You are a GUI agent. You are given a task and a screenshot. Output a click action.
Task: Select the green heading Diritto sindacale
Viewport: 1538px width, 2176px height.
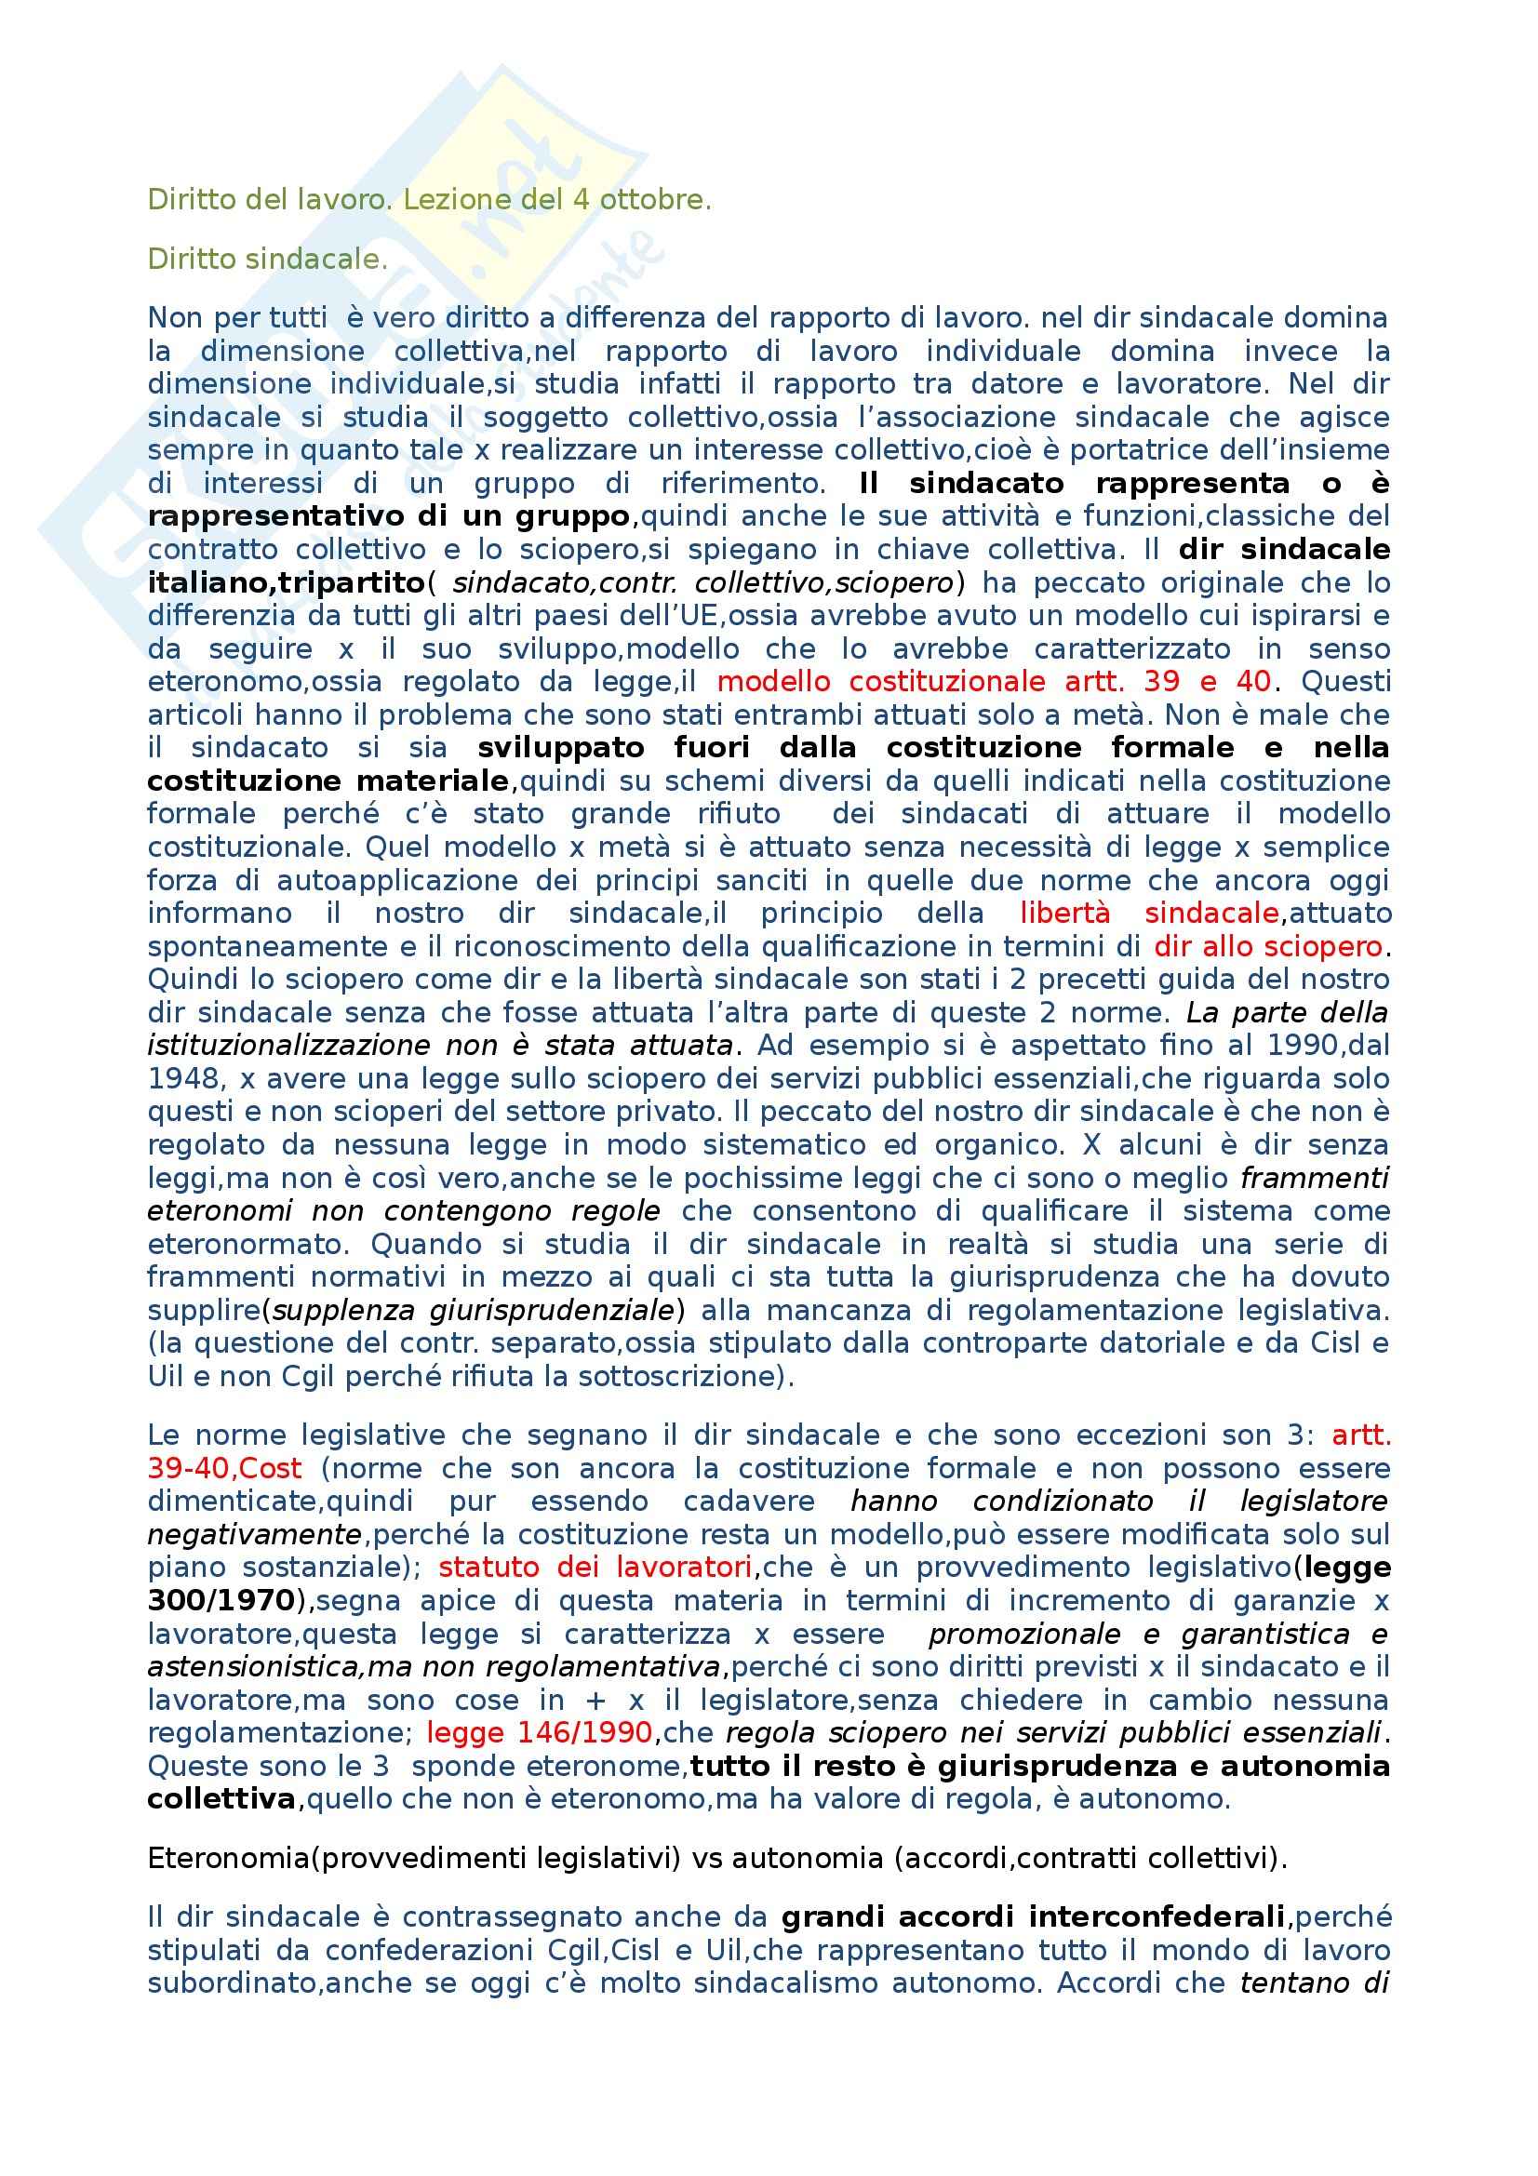coord(267,259)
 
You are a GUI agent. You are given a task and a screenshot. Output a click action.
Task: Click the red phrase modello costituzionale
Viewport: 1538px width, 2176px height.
coord(881,681)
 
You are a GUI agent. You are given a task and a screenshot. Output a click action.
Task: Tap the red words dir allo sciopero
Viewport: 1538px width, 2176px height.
coord(1268,947)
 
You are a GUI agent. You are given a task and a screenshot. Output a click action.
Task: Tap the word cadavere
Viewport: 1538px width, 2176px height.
coord(749,1502)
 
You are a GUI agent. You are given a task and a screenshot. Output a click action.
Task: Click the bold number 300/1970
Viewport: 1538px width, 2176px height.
coord(221,1601)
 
